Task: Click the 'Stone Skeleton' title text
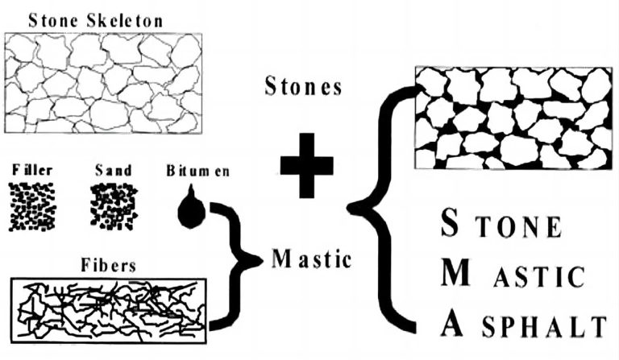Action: click(95, 20)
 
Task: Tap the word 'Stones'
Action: click(303, 87)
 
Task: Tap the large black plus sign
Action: click(305, 165)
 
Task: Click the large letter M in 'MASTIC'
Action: click(459, 275)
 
